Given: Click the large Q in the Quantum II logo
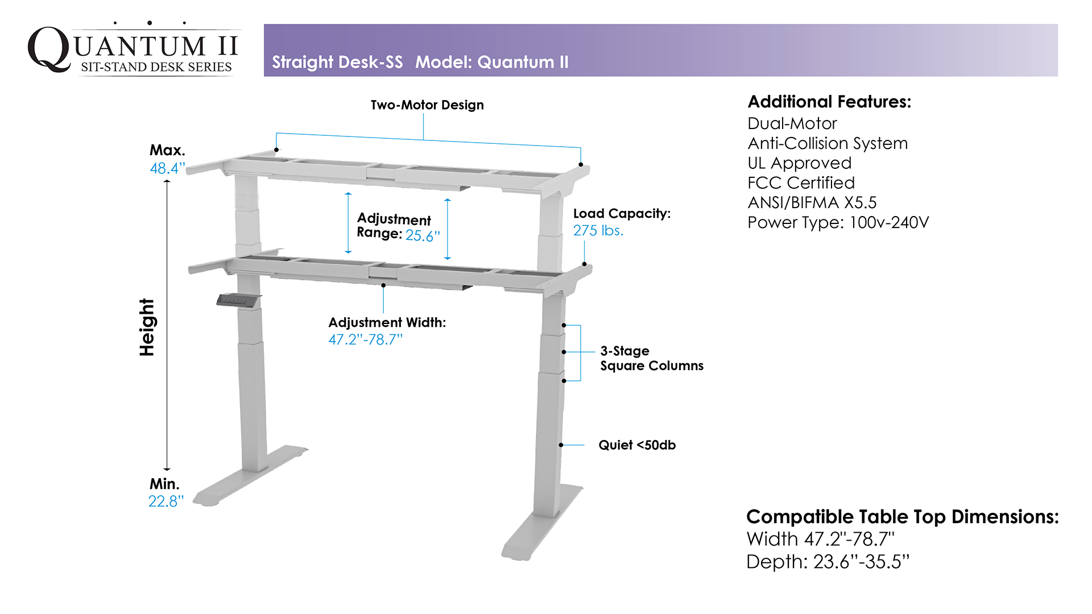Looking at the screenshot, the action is click(x=49, y=49).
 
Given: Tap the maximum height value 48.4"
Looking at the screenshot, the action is click(x=167, y=168).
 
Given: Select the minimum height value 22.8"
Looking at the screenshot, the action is click(x=166, y=501).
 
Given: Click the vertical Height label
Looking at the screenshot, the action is click(x=147, y=327).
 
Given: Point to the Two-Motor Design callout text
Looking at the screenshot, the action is click(x=427, y=105).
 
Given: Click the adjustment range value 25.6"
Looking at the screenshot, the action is click(x=423, y=236).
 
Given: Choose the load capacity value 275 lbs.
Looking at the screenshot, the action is click(x=598, y=230).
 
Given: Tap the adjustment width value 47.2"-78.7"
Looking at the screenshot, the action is click(x=366, y=339).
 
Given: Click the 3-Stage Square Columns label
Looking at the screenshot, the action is click(x=652, y=358).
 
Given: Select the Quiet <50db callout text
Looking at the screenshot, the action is click(x=637, y=445).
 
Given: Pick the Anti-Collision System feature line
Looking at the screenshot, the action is click(x=828, y=143).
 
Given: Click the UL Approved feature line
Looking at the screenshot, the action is click(x=800, y=163).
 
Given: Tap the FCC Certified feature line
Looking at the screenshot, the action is click(x=801, y=183).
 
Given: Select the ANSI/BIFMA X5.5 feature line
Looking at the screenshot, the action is click(x=812, y=202).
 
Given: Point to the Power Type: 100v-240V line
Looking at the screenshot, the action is click(x=838, y=222).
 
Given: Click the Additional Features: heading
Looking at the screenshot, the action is click(x=829, y=102).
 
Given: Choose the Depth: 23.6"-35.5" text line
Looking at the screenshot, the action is click(x=828, y=562).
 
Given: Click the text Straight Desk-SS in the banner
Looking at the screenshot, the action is click(x=337, y=62).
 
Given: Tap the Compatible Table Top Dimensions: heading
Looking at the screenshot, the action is click(x=903, y=517).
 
